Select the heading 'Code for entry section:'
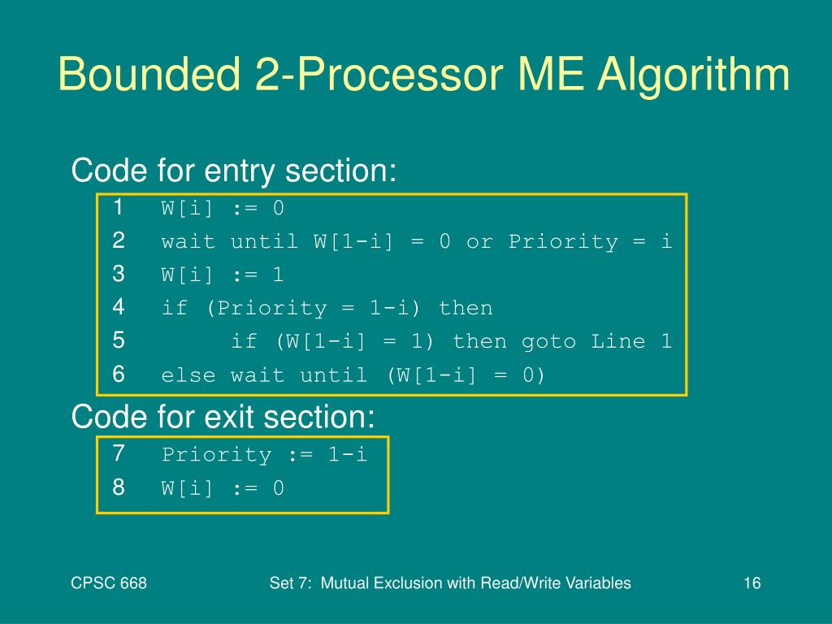pos(234,171)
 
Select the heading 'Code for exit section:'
pos(223,417)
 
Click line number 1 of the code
pos(119,208)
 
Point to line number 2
pos(119,241)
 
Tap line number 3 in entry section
pos(119,275)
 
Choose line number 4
pos(119,308)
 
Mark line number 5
pos(119,341)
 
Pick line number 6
pos(119,375)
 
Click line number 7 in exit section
pos(119,454)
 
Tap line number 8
pos(119,487)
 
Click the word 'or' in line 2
pos(479,242)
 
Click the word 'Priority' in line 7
pos(216,455)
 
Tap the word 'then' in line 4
pos(466,309)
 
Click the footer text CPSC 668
pos(109,583)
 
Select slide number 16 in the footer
pos(751,583)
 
